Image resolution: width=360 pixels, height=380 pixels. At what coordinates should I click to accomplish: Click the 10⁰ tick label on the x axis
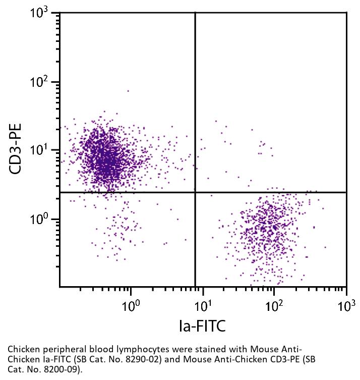tap(131, 305)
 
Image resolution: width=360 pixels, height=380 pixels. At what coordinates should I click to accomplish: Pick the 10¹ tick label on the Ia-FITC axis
tap(202, 305)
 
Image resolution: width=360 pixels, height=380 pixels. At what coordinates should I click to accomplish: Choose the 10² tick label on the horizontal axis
tap(274, 305)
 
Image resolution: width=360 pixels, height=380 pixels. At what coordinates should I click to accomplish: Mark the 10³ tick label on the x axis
tap(346, 305)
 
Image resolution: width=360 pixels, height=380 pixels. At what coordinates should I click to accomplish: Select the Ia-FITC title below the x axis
tap(202, 327)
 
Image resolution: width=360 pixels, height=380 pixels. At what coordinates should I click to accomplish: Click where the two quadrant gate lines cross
tap(195, 192)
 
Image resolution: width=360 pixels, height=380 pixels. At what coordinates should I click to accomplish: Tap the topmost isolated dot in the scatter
tap(128, 91)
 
